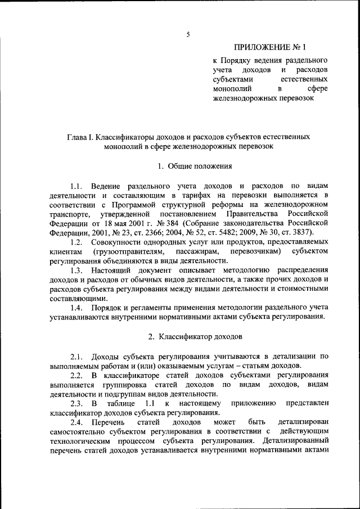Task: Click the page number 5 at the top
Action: click(x=188, y=35)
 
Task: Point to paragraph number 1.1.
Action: click(x=77, y=185)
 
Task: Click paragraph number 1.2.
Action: click(x=77, y=241)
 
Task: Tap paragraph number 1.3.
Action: click(x=77, y=270)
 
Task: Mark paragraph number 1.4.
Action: click(x=77, y=308)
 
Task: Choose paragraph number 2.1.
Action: click(x=77, y=356)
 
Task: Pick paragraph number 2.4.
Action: click(x=77, y=421)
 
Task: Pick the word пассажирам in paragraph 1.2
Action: click(x=195, y=251)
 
